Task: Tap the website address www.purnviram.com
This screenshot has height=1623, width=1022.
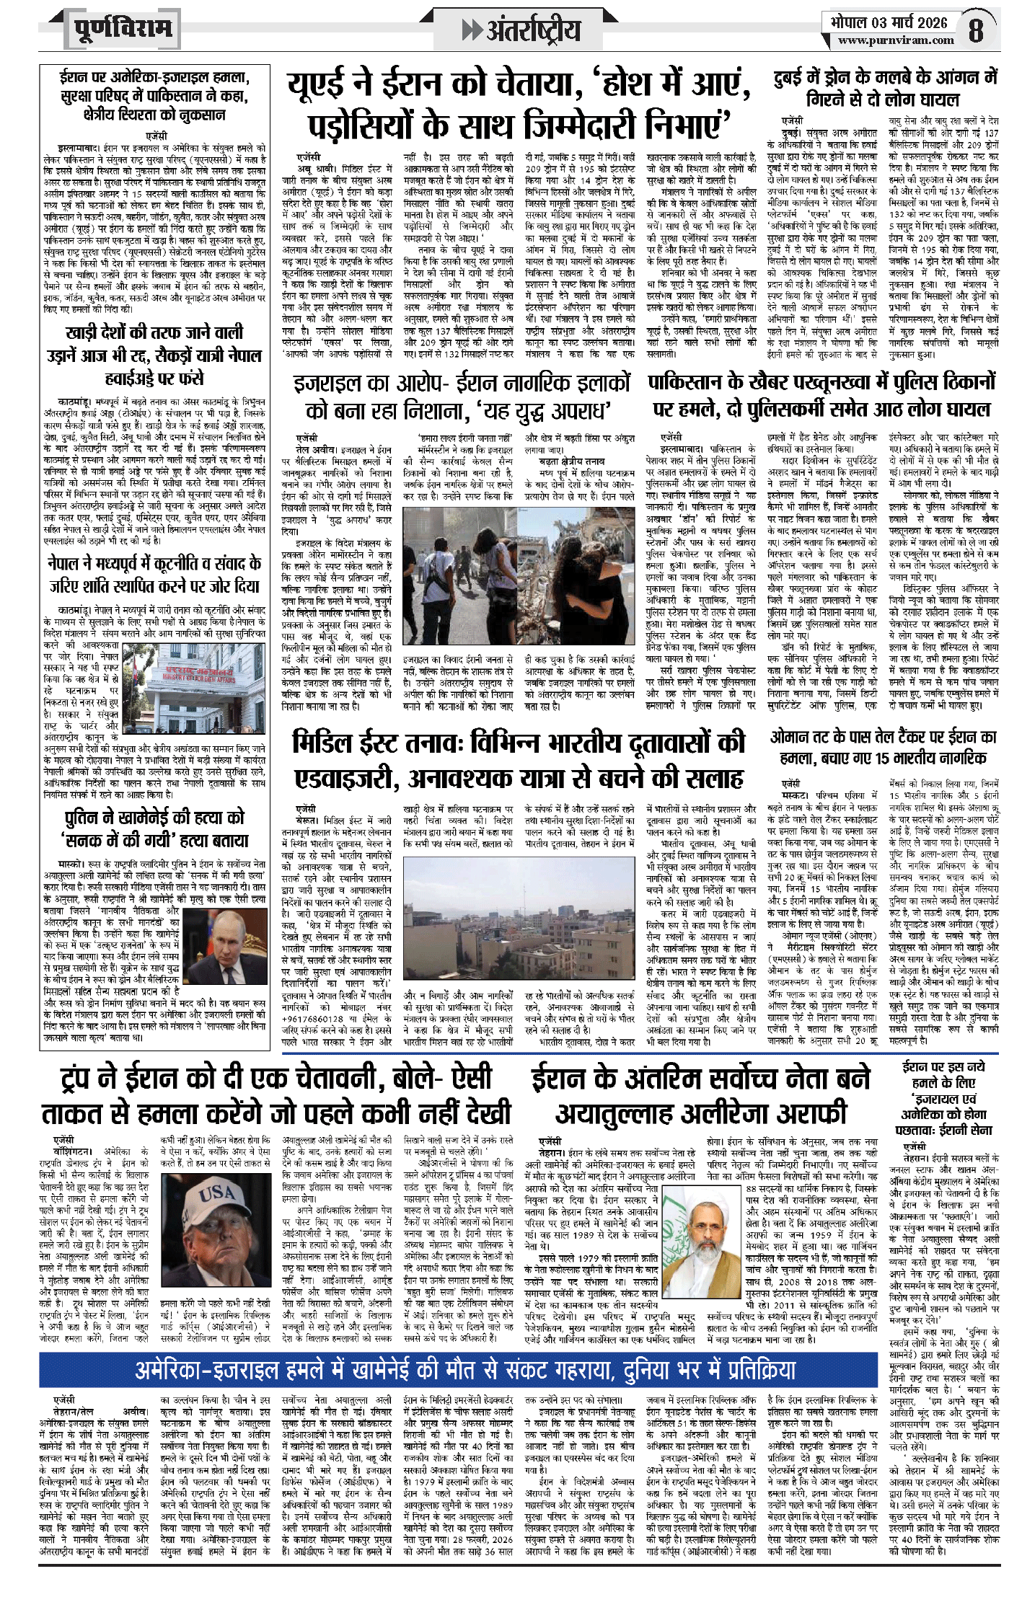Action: pyautogui.click(x=896, y=41)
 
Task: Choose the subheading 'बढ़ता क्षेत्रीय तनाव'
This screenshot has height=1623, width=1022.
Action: pyautogui.click(x=572, y=461)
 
